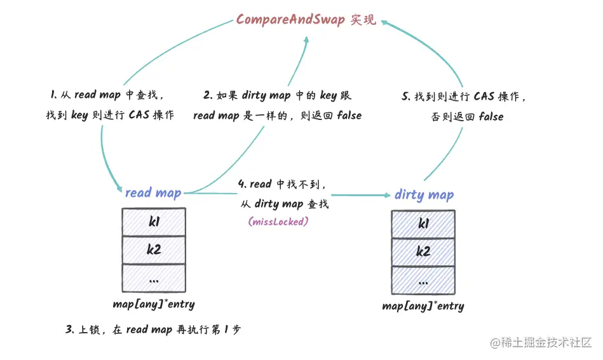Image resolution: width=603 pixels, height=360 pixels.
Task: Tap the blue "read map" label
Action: coord(153,192)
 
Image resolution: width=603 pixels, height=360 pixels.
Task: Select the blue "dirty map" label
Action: coord(424,194)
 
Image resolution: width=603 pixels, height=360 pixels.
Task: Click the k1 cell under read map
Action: coord(154,222)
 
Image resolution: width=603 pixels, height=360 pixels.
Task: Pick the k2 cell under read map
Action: coord(154,250)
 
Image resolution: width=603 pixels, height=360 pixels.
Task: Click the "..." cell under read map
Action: coord(154,277)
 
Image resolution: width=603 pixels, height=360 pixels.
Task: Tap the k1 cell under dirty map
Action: coord(423,223)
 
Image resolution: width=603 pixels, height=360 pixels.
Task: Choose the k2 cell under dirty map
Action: coord(423,251)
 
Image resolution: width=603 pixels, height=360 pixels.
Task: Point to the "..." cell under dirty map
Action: coord(423,279)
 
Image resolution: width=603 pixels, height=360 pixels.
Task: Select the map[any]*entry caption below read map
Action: coord(154,304)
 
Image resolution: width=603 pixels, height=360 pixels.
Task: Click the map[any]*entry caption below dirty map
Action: coord(423,306)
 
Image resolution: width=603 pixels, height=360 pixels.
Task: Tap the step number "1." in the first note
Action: coord(54,95)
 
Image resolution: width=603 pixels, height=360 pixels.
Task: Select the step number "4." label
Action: coord(242,184)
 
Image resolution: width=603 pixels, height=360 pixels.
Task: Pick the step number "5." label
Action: coord(407,97)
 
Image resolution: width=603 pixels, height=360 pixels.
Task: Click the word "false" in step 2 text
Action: coord(349,116)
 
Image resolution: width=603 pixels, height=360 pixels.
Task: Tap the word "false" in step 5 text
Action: coord(491,117)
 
